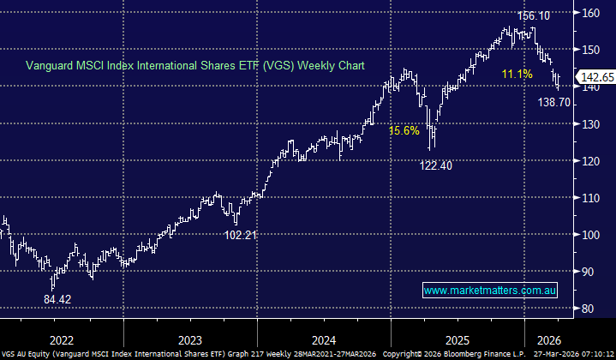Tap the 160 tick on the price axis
pyautogui.click(x=589, y=12)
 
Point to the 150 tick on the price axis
pyautogui.click(x=589, y=49)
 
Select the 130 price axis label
pyautogui.click(x=589, y=123)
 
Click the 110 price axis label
pyautogui.click(x=589, y=197)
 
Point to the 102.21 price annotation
pyautogui.click(x=242, y=234)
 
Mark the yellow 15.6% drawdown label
pyautogui.click(x=404, y=131)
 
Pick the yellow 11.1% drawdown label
pyautogui.click(x=517, y=75)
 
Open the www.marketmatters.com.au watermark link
pyautogui.click(x=491, y=291)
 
